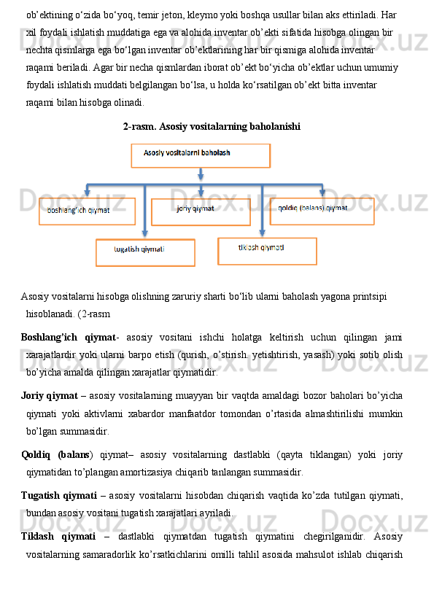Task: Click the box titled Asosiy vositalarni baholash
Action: click(200, 155)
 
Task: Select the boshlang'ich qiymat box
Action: click(87, 211)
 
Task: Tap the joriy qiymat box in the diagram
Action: click(201, 211)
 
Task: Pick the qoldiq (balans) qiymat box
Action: click(322, 211)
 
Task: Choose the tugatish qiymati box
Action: click(145, 252)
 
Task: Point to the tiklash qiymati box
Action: click(267, 251)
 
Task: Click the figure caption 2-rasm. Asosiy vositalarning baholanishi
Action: click(212, 126)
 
